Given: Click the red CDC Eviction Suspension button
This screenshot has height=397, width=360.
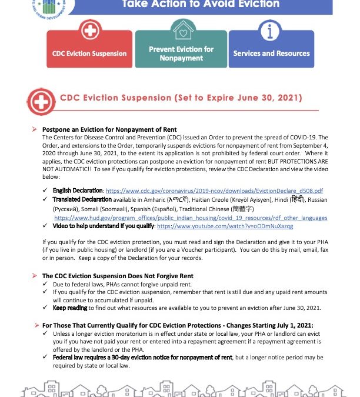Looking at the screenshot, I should (89, 54).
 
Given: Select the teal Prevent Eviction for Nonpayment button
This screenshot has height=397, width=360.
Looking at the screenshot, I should (181, 54).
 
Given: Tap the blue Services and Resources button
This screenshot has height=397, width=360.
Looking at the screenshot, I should (271, 54).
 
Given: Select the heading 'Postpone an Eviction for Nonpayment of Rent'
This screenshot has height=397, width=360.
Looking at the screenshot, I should (110, 129).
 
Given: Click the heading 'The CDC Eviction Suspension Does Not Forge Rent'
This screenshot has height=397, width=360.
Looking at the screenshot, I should (118, 276).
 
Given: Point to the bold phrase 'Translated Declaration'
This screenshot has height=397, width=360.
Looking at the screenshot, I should (79, 200).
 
